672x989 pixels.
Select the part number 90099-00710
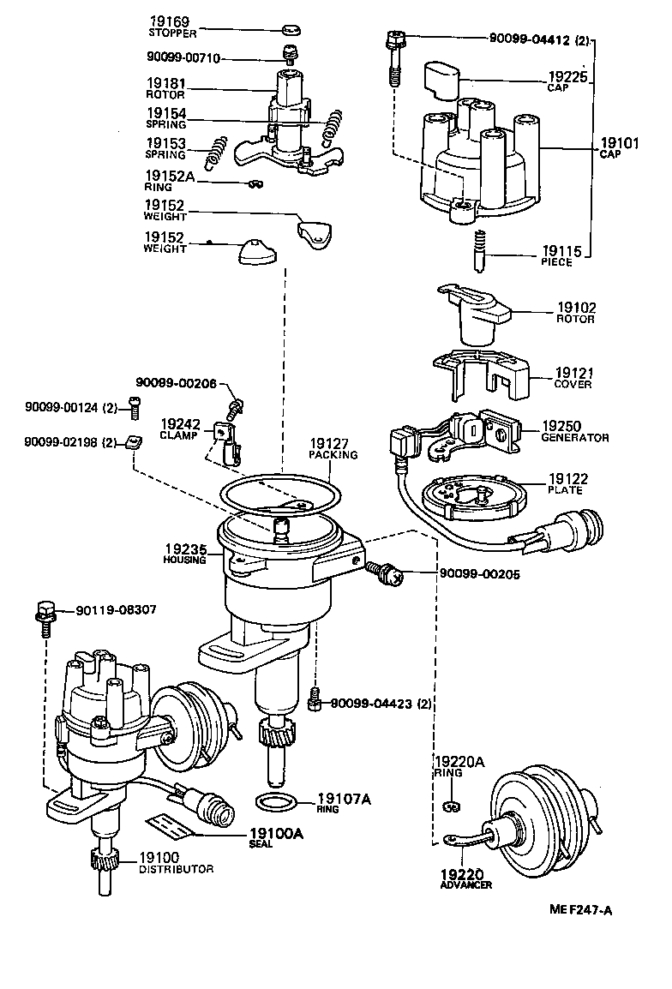(183, 58)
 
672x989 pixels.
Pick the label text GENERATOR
(574, 438)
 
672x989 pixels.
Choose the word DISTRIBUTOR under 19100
(176, 869)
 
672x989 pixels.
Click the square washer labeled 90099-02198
(132, 442)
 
